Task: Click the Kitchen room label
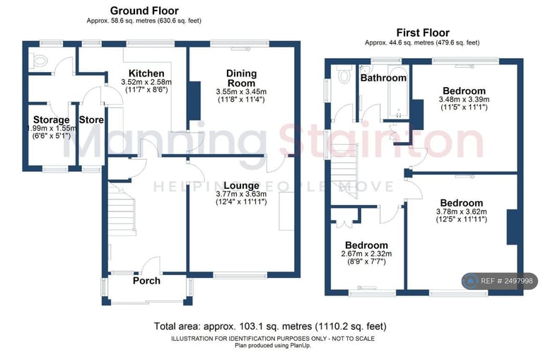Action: [x=146, y=74]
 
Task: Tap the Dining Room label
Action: [x=241, y=79]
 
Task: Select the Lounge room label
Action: [x=241, y=186]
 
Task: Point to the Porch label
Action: [x=146, y=281]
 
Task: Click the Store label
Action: [x=91, y=120]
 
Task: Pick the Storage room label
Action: [x=51, y=120]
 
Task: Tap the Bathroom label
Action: [x=383, y=78]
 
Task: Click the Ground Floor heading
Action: [x=144, y=11]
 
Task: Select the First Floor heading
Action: [x=423, y=33]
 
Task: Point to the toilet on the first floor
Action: [x=344, y=74]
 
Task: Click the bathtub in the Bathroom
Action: [x=398, y=92]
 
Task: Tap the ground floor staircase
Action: [x=121, y=209]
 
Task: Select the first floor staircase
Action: [x=344, y=171]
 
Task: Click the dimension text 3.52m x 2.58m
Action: [x=146, y=83]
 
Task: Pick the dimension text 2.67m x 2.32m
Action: [x=366, y=254]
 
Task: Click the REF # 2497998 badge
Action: [x=500, y=281]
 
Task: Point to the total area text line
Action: [x=270, y=326]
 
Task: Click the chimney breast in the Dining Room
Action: [x=194, y=101]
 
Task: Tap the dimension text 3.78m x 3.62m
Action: [x=461, y=211]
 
